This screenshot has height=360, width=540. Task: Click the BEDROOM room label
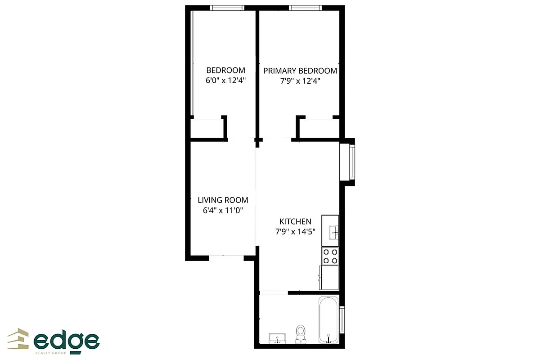click(x=225, y=70)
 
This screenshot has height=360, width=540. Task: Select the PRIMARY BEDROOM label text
click(x=300, y=71)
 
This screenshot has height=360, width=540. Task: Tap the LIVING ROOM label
click(x=223, y=200)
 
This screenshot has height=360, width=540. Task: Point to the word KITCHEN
click(x=295, y=221)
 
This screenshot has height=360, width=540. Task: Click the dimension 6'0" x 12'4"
click(x=225, y=81)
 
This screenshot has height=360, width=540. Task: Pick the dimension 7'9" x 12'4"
click(x=300, y=81)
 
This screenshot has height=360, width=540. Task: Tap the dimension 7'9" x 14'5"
click(x=295, y=232)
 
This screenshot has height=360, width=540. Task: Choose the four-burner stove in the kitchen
click(x=330, y=256)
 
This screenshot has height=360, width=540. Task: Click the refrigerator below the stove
click(x=329, y=277)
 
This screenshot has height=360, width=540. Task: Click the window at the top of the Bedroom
click(x=227, y=8)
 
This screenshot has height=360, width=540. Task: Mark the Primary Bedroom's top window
click(x=305, y=8)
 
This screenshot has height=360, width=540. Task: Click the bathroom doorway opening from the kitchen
click(x=274, y=293)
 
